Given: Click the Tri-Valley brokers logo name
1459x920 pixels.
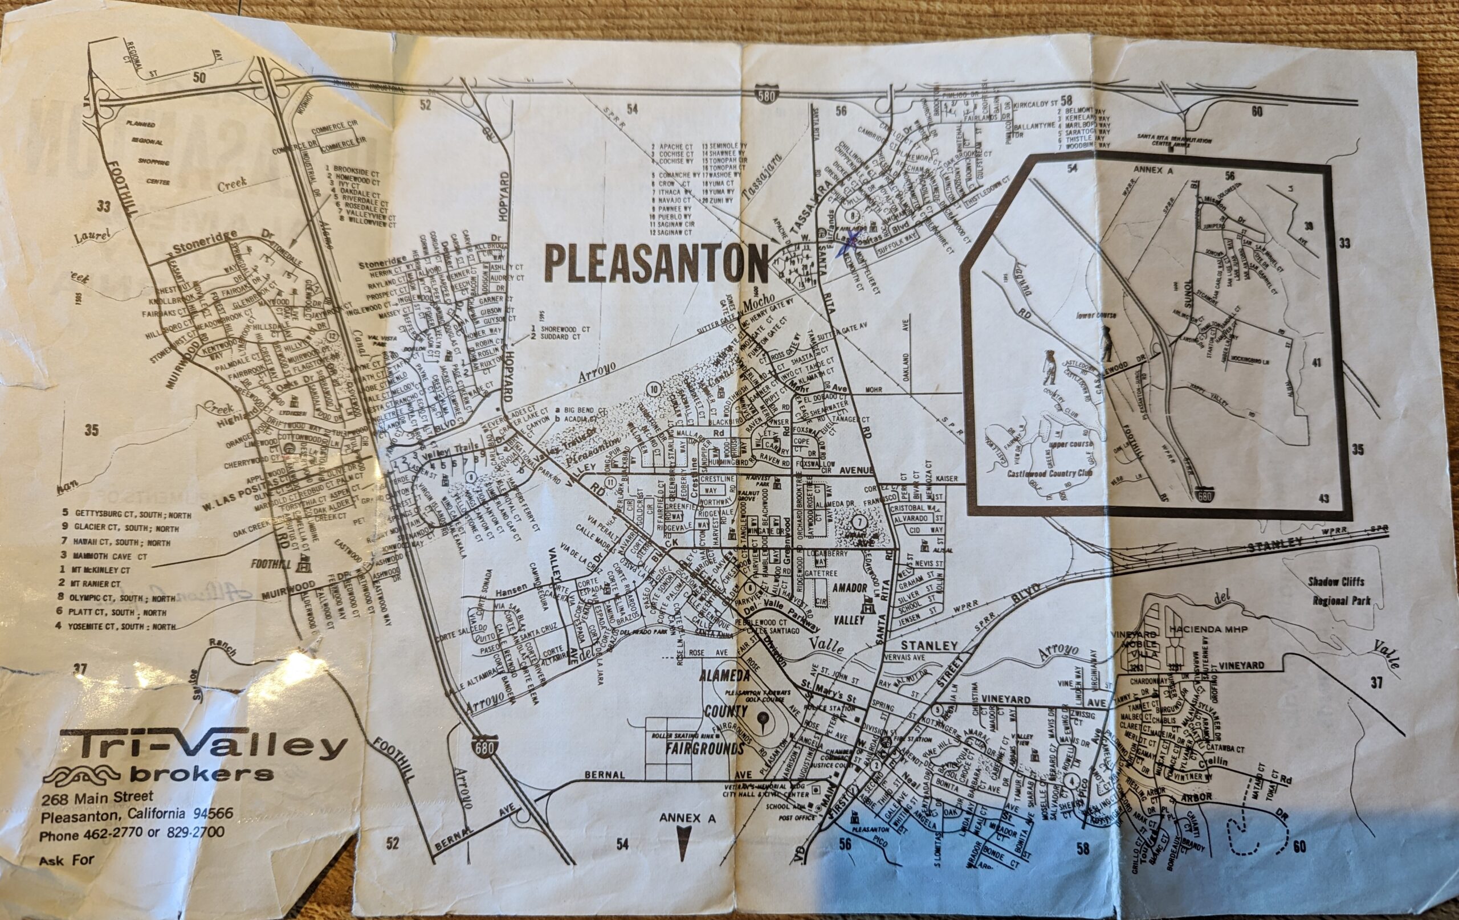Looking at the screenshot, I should coord(203,747).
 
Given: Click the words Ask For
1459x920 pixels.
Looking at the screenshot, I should coord(67,860).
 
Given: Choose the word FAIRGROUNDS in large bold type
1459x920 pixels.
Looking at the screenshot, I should coord(704,749).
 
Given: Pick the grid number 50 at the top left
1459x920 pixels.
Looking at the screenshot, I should coord(199,77).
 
